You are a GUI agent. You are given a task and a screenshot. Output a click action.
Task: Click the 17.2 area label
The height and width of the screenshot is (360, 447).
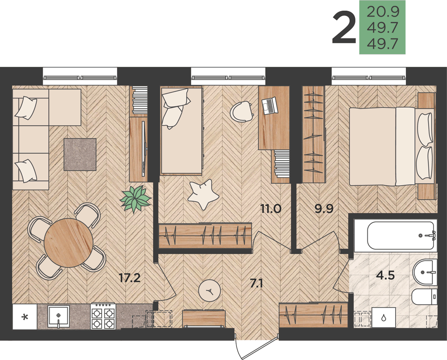pos(130,278)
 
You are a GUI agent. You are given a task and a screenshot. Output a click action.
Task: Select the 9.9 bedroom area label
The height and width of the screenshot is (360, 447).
pos(324,209)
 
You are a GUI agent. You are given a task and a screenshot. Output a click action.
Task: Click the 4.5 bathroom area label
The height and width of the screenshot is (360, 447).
pos(385,275)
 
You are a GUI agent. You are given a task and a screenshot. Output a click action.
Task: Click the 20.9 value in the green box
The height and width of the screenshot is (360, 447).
pos(383,12)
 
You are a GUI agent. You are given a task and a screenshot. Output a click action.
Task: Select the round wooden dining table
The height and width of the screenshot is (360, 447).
pos(68,243)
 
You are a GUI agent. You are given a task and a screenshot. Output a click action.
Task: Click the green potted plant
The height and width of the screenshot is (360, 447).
pos(135,199)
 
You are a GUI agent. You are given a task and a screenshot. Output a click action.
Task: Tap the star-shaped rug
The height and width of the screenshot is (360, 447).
pos(203,194)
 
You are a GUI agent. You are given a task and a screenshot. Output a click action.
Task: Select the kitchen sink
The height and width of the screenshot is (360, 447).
pos(59,316)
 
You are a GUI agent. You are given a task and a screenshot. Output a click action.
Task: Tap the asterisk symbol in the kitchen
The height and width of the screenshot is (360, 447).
pos(25,317)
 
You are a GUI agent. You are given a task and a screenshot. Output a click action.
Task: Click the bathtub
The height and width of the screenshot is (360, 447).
pos(402,235)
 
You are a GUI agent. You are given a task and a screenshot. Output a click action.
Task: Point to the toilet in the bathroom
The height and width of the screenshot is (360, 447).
pos(424,296)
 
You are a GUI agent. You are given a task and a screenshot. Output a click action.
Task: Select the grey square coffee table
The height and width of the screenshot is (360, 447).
pos(80,154)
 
